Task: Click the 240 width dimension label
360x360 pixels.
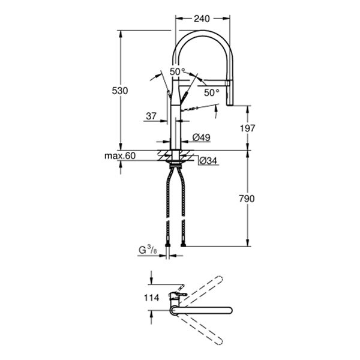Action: point(202,19)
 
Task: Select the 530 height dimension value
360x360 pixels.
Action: point(121,90)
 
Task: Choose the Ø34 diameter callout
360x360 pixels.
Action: point(206,160)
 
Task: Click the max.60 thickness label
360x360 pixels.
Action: point(120,157)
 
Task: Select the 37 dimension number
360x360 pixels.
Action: point(151,116)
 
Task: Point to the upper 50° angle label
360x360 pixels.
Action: point(177,71)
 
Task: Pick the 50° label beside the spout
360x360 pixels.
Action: point(211,92)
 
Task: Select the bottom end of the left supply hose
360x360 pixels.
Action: point(167,242)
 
